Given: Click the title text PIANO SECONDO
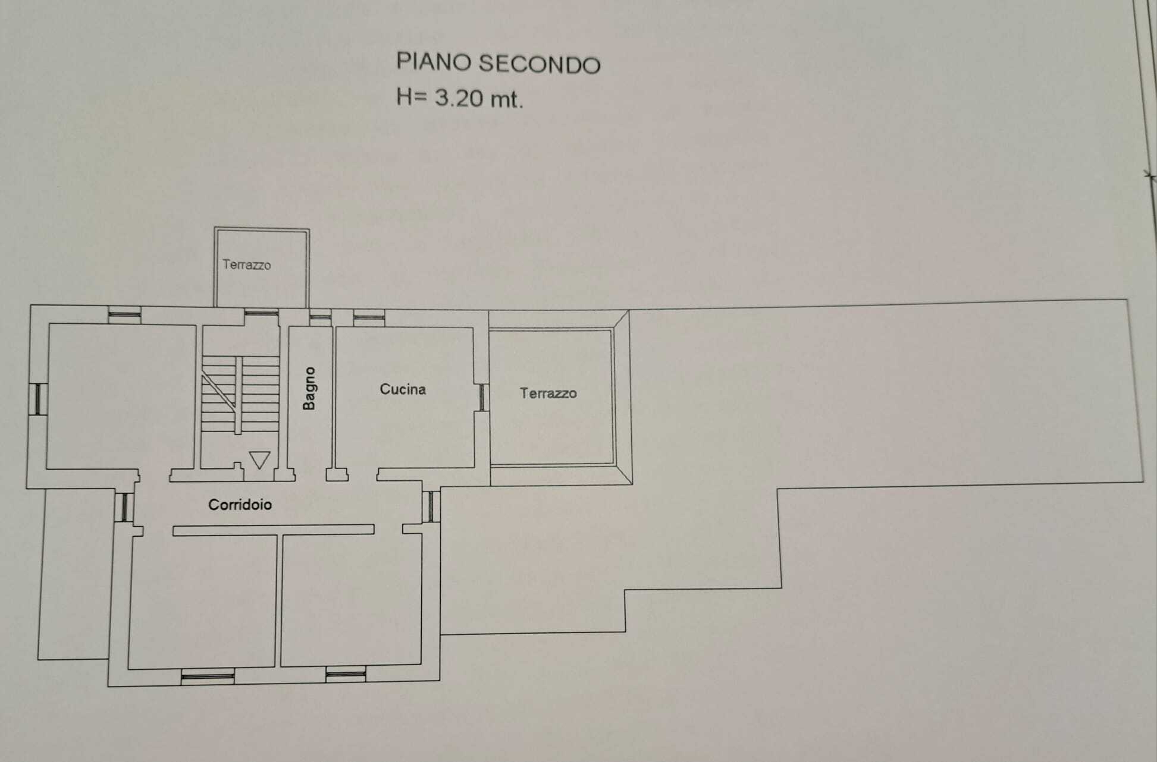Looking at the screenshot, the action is point(498,64).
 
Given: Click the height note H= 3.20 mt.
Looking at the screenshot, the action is point(460,97).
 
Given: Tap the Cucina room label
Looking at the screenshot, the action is point(403,389).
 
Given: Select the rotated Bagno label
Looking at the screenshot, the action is point(309,388).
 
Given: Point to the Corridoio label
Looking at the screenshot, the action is point(240,505).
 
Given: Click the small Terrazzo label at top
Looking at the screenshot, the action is point(247,265).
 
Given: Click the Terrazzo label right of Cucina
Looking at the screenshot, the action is point(548,393).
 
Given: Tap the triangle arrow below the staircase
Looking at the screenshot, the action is point(260,460).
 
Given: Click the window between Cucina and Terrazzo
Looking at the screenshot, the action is point(482,397).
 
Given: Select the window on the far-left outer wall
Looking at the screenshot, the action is point(38,399).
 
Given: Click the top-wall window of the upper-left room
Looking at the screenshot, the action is point(125,314).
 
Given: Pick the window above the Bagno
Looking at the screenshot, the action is point(321,317).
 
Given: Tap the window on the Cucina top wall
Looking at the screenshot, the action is point(369,317).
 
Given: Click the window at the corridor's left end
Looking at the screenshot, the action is point(124,507).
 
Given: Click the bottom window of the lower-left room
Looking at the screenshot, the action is point(208,676).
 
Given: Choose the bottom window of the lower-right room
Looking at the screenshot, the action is point(346,674).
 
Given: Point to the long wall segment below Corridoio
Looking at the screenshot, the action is point(274,530).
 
